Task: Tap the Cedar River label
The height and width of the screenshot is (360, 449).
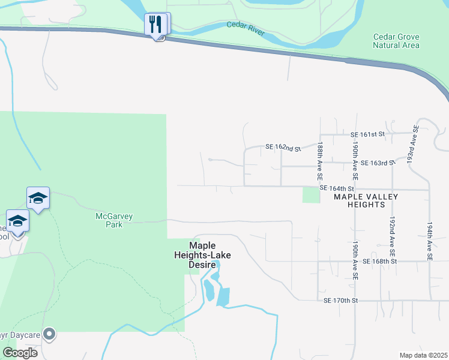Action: point(246,28)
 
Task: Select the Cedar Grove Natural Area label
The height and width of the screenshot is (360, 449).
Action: point(396,41)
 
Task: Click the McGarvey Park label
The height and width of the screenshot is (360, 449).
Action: point(109,220)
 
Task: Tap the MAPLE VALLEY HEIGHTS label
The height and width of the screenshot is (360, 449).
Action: point(359,200)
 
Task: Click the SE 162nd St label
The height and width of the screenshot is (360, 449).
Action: point(283,148)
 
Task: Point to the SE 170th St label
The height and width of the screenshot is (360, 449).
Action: point(340,300)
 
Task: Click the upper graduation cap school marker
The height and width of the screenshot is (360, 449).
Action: point(37,198)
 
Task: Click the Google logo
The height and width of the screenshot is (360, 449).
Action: point(19,352)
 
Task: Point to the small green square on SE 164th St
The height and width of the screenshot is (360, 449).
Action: point(311,195)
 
